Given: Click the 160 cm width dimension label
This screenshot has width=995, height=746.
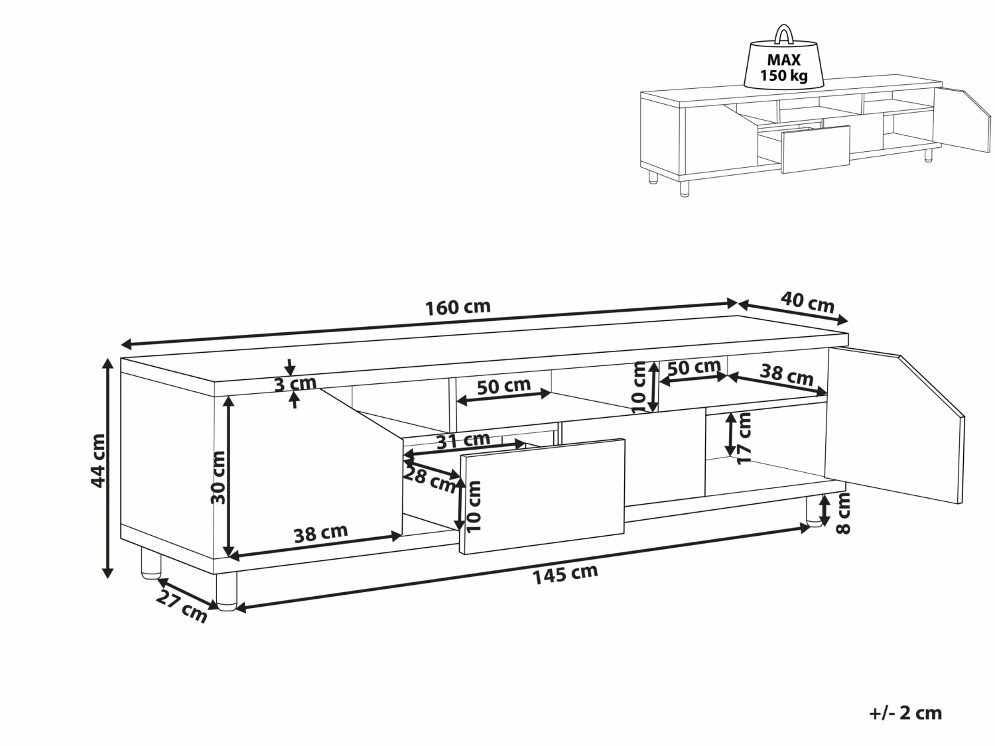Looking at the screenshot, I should [x=458, y=307].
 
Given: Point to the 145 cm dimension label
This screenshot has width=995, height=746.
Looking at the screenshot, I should [x=565, y=574].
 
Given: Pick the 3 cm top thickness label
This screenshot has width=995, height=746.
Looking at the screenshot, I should [x=295, y=383].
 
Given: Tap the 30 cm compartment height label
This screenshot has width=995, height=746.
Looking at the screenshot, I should [x=218, y=477].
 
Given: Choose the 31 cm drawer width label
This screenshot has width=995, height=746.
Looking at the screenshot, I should [x=463, y=440].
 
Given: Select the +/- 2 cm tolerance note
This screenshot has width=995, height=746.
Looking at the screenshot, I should [x=905, y=713].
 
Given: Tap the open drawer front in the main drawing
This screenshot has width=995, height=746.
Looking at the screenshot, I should [x=543, y=496].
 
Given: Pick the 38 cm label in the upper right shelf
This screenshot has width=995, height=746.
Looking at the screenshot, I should [x=786, y=375].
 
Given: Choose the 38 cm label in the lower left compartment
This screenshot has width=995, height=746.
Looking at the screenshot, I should [x=320, y=533].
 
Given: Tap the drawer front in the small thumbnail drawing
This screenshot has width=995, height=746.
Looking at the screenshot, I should [x=816, y=149].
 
